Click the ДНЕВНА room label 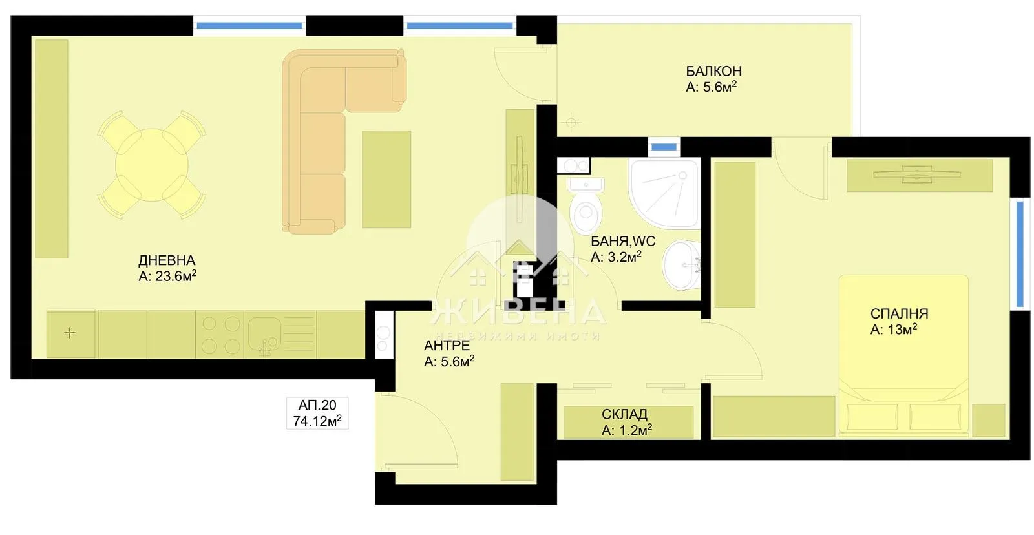click(x=166, y=260)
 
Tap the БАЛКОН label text click(x=713, y=71)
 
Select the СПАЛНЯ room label click(x=899, y=314)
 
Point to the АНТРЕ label click(x=447, y=346)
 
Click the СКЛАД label click(x=624, y=414)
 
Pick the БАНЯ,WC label click(x=623, y=242)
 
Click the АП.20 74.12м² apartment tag click(x=317, y=414)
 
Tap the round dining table click(x=152, y=164)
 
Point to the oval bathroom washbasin click(x=681, y=265)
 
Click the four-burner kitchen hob click(x=220, y=335)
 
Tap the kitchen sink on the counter click(x=264, y=335)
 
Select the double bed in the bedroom click(x=904, y=355)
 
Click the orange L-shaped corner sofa click(x=330, y=129)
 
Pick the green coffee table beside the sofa click(x=386, y=179)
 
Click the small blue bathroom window click(x=664, y=147)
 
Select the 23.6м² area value click(x=176, y=277)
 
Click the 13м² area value click(x=903, y=330)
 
